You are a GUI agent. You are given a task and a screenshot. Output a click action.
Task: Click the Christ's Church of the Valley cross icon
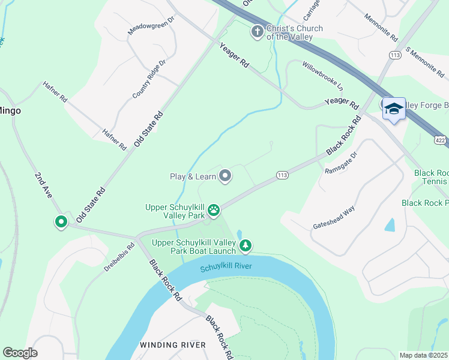coord(258,31)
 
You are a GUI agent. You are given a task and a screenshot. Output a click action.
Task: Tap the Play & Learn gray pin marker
coord(226,176)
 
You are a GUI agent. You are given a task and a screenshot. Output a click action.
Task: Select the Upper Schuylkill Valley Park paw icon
coord(214,210)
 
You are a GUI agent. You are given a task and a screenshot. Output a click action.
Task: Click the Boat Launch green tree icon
coord(245,245)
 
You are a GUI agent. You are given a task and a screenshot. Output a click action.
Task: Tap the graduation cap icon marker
coord(394,109)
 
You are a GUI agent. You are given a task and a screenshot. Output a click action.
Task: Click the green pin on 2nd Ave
coord(61,222)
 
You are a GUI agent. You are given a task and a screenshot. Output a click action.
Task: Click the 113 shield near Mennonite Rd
coord(394,55)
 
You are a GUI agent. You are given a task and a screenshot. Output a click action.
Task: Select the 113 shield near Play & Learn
coord(282,175)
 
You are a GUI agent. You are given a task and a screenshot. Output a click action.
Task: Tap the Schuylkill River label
coord(226,267)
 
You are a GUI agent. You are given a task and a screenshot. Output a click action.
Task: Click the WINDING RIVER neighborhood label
coord(173,344)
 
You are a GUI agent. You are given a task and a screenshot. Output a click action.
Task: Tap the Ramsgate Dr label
coord(340,163)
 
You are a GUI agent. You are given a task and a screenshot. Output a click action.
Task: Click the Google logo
coord(20,353)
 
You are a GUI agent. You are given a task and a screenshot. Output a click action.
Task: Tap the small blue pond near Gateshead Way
coord(390,225)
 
